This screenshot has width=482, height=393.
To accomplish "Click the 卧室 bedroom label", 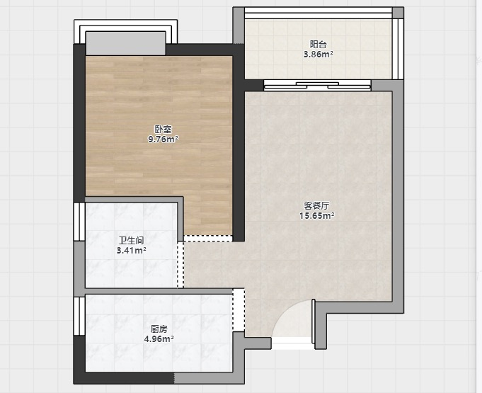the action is [163, 130].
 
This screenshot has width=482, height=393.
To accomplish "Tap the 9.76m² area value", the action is [163, 139].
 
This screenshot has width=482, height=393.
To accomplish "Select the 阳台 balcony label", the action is [319, 45].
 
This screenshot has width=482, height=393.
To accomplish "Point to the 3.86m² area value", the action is [319, 55].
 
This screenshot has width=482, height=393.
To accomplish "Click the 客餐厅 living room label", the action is [316, 206].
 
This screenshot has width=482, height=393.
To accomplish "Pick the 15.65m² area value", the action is [317, 215].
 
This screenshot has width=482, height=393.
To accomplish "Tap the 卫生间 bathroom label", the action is [132, 240].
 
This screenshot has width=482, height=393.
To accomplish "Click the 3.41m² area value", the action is [131, 250].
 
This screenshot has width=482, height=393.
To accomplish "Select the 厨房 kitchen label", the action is [159, 329].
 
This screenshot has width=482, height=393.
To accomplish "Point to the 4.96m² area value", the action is [159, 339].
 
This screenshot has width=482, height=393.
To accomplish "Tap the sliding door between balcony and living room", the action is [317, 86].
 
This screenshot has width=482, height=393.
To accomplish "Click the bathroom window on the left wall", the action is [79, 222].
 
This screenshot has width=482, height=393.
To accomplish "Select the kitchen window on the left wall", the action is [79, 316].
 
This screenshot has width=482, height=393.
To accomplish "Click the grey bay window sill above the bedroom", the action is [125, 43].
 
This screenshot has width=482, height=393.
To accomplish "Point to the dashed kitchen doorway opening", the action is [239, 310].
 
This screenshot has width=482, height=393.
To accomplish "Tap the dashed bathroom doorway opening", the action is [180, 265].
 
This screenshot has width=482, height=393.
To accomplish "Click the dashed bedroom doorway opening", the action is [208, 239].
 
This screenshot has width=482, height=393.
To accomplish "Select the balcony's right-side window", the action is [398, 49].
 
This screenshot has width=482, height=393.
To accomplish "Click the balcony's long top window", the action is [319, 13].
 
